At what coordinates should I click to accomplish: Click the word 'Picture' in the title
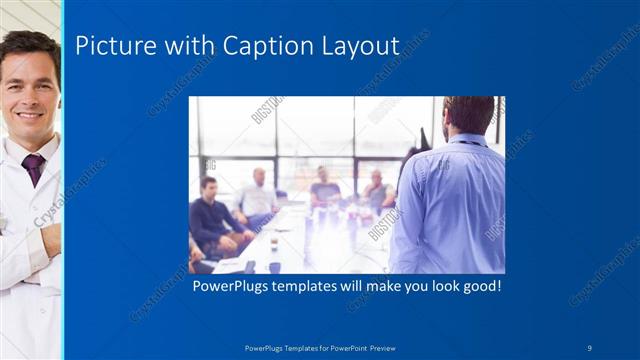pos(110,46)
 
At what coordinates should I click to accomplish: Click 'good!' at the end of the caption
pos(478,286)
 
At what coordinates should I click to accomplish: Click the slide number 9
pos(591,347)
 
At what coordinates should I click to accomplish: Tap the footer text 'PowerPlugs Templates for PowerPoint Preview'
pos(321,347)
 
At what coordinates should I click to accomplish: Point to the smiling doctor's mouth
pos(29,116)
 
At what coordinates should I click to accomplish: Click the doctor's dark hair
pos(30,44)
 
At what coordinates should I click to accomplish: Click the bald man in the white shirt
pos(258,196)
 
